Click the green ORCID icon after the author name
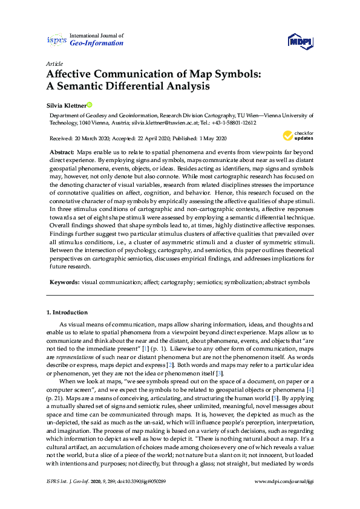tap(90, 104)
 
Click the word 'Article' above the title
tap(54, 63)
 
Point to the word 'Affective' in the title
tap(72, 74)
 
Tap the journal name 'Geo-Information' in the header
tap(97, 44)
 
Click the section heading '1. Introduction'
tap(67, 312)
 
